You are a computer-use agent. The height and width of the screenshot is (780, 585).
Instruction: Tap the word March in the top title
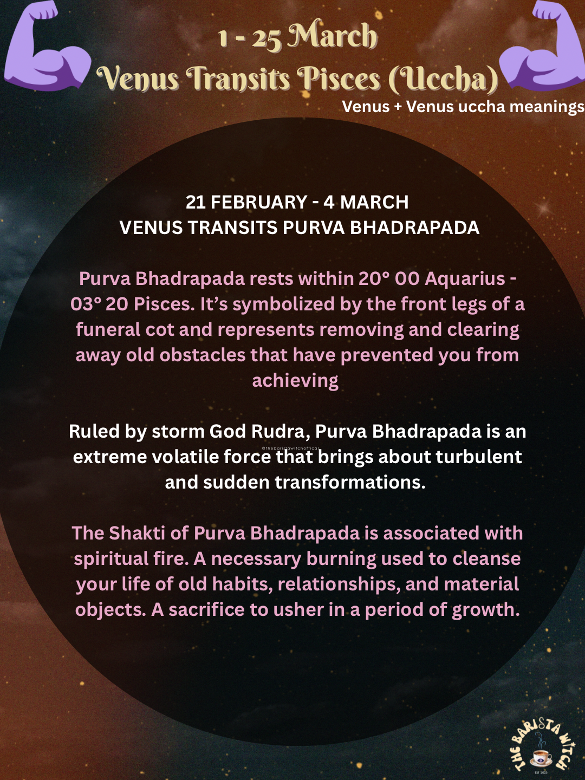pyautogui.click(x=332, y=37)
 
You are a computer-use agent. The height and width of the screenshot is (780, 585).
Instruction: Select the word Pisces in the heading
pyautogui.click(x=341, y=79)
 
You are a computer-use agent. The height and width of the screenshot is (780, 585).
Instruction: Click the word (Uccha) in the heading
pyautogui.click(x=443, y=79)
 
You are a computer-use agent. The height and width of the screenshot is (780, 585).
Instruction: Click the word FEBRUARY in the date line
pyautogui.click(x=259, y=202)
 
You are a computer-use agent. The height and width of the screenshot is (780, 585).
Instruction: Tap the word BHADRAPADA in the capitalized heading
pyautogui.click(x=414, y=227)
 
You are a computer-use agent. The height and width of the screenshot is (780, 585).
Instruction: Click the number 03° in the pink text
pyautogui.click(x=86, y=304)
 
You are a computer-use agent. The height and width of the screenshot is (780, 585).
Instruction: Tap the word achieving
pyautogui.click(x=295, y=380)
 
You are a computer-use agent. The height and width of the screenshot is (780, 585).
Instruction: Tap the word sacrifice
pyautogui.click(x=206, y=609)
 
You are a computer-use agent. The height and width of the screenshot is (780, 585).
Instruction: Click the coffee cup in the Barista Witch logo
pyautogui.click(x=541, y=757)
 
